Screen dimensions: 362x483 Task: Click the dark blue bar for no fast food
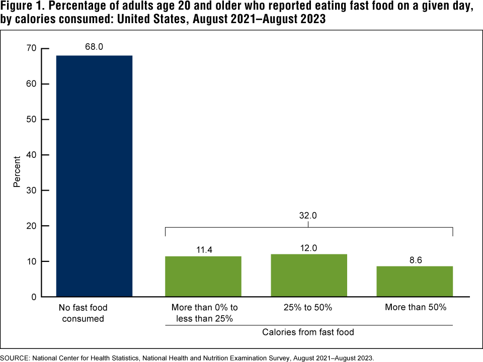tap(94, 176)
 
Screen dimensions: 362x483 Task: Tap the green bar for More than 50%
tap(415, 282)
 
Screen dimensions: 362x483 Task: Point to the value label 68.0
tap(94, 47)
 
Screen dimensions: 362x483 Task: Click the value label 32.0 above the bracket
tap(309, 217)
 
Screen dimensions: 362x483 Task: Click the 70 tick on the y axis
tap(32, 48)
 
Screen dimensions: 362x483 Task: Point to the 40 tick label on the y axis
tap(32, 155)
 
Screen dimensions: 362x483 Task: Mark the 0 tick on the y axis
tap(34, 297)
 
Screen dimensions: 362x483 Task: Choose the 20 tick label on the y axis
tap(32, 226)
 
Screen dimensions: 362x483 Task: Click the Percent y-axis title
tap(17, 173)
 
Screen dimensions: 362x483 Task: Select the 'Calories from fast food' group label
tap(308, 332)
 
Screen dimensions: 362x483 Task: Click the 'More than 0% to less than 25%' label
tap(204, 313)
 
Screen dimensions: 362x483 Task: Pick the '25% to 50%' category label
tap(308, 308)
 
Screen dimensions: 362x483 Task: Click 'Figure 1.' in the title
tap(23, 9)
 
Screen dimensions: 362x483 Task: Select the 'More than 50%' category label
tap(416, 308)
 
